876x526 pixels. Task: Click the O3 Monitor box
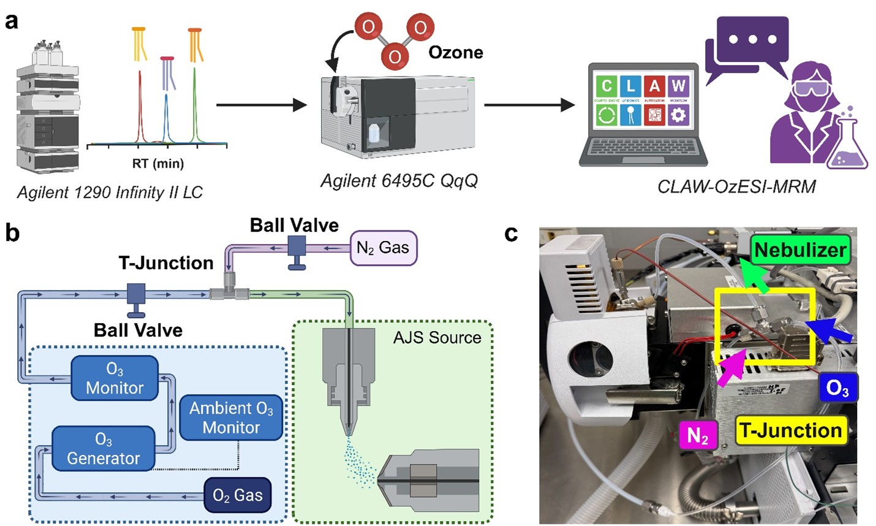[115, 378]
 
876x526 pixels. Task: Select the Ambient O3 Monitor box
[231, 417]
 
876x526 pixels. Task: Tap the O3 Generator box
[103, 449]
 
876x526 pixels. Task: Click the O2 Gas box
[237, 495]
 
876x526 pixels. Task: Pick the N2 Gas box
[383, 248]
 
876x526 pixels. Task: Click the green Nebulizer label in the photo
[799, 250]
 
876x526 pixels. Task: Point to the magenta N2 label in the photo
[698, 435]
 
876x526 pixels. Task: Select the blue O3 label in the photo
[837, 388]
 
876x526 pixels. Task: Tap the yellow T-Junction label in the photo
[790, 430]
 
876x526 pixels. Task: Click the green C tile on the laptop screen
[606, 86]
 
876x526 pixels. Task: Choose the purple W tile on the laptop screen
[678, 86]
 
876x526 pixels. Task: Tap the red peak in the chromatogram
[140, 110]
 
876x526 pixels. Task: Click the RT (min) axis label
[158, 164]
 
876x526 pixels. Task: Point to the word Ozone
[455, 52]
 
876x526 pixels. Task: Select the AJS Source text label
[437, 337]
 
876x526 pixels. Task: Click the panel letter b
[12, 234]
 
